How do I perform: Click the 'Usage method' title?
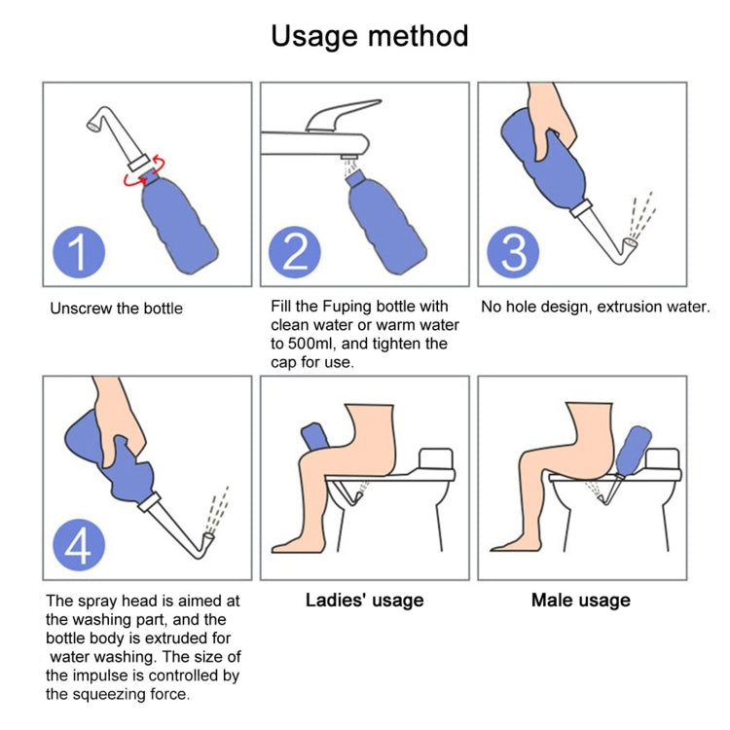pyautogui.click(x=369, y=36)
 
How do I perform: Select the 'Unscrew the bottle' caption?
pyautogui.click(x=116, y=309)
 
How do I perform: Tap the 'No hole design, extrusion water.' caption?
pyautogui.click(x=596, y=307)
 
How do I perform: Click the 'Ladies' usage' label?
pyautogui.click(x=364, y=601)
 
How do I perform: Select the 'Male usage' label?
pyautogui.click(x=580, y=601)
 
